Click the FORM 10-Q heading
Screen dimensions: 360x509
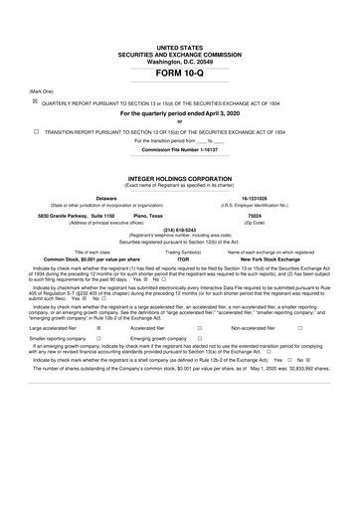coord(180,75)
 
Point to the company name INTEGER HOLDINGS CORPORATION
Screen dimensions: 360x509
coord(180,178)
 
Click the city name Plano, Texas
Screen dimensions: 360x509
coord(148,215)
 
